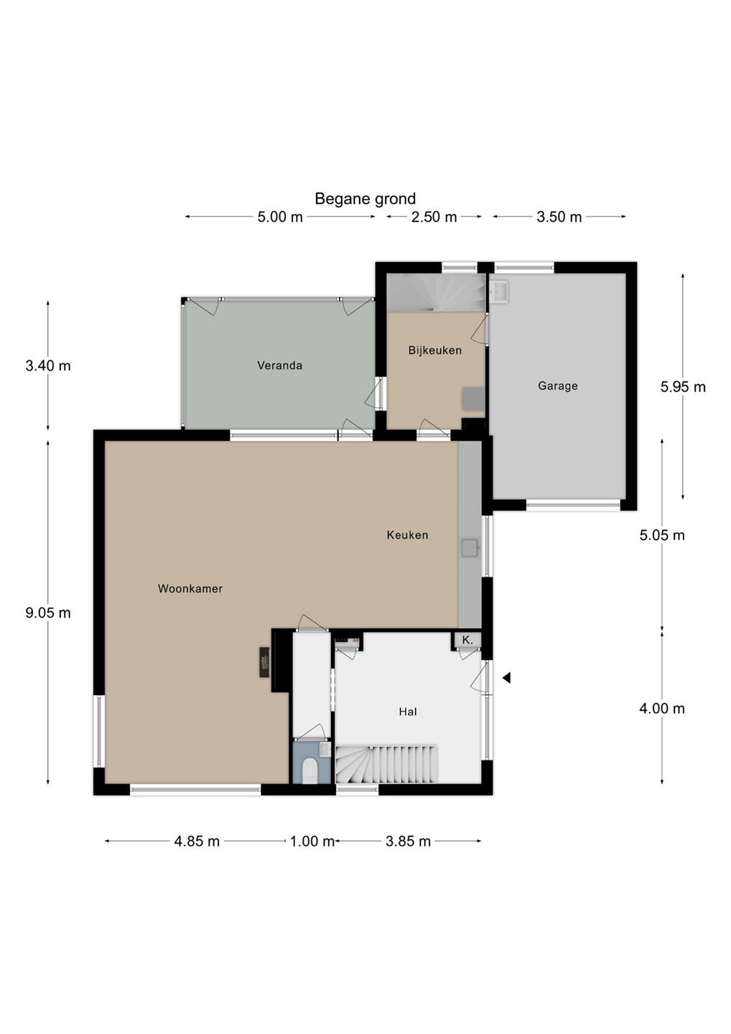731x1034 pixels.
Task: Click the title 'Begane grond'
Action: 365,199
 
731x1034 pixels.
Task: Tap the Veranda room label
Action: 279,365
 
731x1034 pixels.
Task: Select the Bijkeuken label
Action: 434,350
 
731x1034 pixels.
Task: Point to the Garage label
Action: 557,386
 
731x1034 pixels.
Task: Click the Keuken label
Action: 407,535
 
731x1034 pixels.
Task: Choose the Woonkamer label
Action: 190,589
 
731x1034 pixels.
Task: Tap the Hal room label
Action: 408,712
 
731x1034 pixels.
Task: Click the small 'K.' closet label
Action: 467,641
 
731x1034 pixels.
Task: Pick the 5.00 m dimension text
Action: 279,217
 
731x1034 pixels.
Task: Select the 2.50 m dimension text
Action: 434,217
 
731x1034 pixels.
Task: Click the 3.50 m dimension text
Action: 559,217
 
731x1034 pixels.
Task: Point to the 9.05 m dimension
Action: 48,613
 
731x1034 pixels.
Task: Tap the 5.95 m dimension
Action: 683,387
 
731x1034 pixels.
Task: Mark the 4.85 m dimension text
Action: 197,841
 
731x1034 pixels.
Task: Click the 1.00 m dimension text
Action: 312,841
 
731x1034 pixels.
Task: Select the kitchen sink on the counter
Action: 471,547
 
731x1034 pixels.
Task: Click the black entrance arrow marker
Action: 506,678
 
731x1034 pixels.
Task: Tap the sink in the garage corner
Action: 498,292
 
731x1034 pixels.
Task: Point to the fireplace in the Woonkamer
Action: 264,662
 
